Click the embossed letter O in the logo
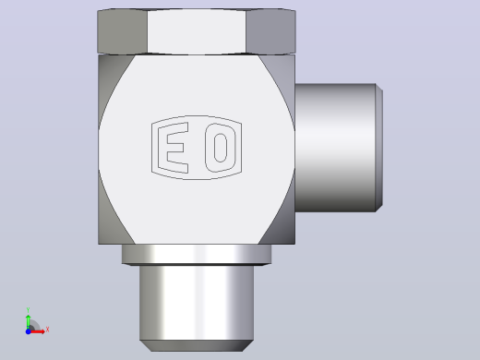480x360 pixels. click(x=221, y=148)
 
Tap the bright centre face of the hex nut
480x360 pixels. click(x=197, y=31)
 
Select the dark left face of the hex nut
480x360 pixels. click(x=122, y=31)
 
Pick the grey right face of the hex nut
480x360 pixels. click(x=270, y=31)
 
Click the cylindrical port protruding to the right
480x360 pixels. click(x=335, y=148)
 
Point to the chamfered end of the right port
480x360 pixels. click(x=379, y=148)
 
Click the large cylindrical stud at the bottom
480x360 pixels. click(x=197, y=303)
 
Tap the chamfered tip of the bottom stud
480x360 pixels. click(x=197, y=345)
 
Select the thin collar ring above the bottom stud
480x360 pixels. click(x=197, y=255)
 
